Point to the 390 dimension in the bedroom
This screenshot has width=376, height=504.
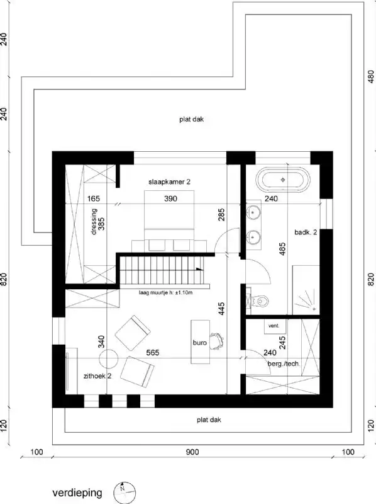(171, 198)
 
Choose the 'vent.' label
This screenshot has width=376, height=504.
(273, 326)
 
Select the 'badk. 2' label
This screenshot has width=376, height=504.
(305, 232)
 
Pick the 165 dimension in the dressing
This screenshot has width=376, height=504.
(95, 198)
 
